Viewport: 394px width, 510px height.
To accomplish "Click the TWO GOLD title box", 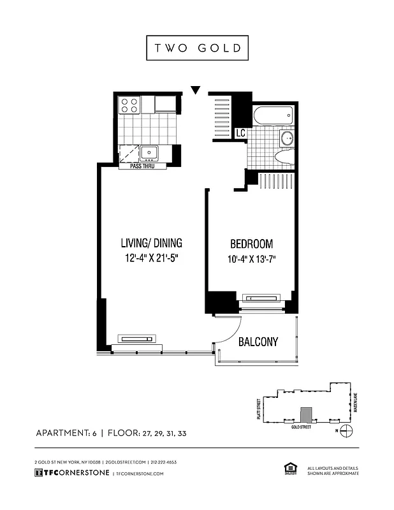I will click(196, 48).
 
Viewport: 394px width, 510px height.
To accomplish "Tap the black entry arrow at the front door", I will click(196, 90).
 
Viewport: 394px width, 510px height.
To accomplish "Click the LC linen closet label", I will click(240, 133).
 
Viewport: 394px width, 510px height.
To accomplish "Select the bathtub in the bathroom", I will click(273, 117).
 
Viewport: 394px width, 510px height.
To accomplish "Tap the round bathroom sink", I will click(286, 138).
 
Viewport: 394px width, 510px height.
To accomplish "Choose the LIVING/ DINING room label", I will click(152, 243).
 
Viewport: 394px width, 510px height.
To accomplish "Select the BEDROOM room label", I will click(251, 244).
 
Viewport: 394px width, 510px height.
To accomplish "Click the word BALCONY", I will click(258, 342).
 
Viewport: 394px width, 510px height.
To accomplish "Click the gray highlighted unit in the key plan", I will click(307, 415).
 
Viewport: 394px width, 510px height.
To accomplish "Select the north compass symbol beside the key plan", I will click(346, 431).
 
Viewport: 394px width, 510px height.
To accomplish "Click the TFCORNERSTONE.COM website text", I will click(140, 474).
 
